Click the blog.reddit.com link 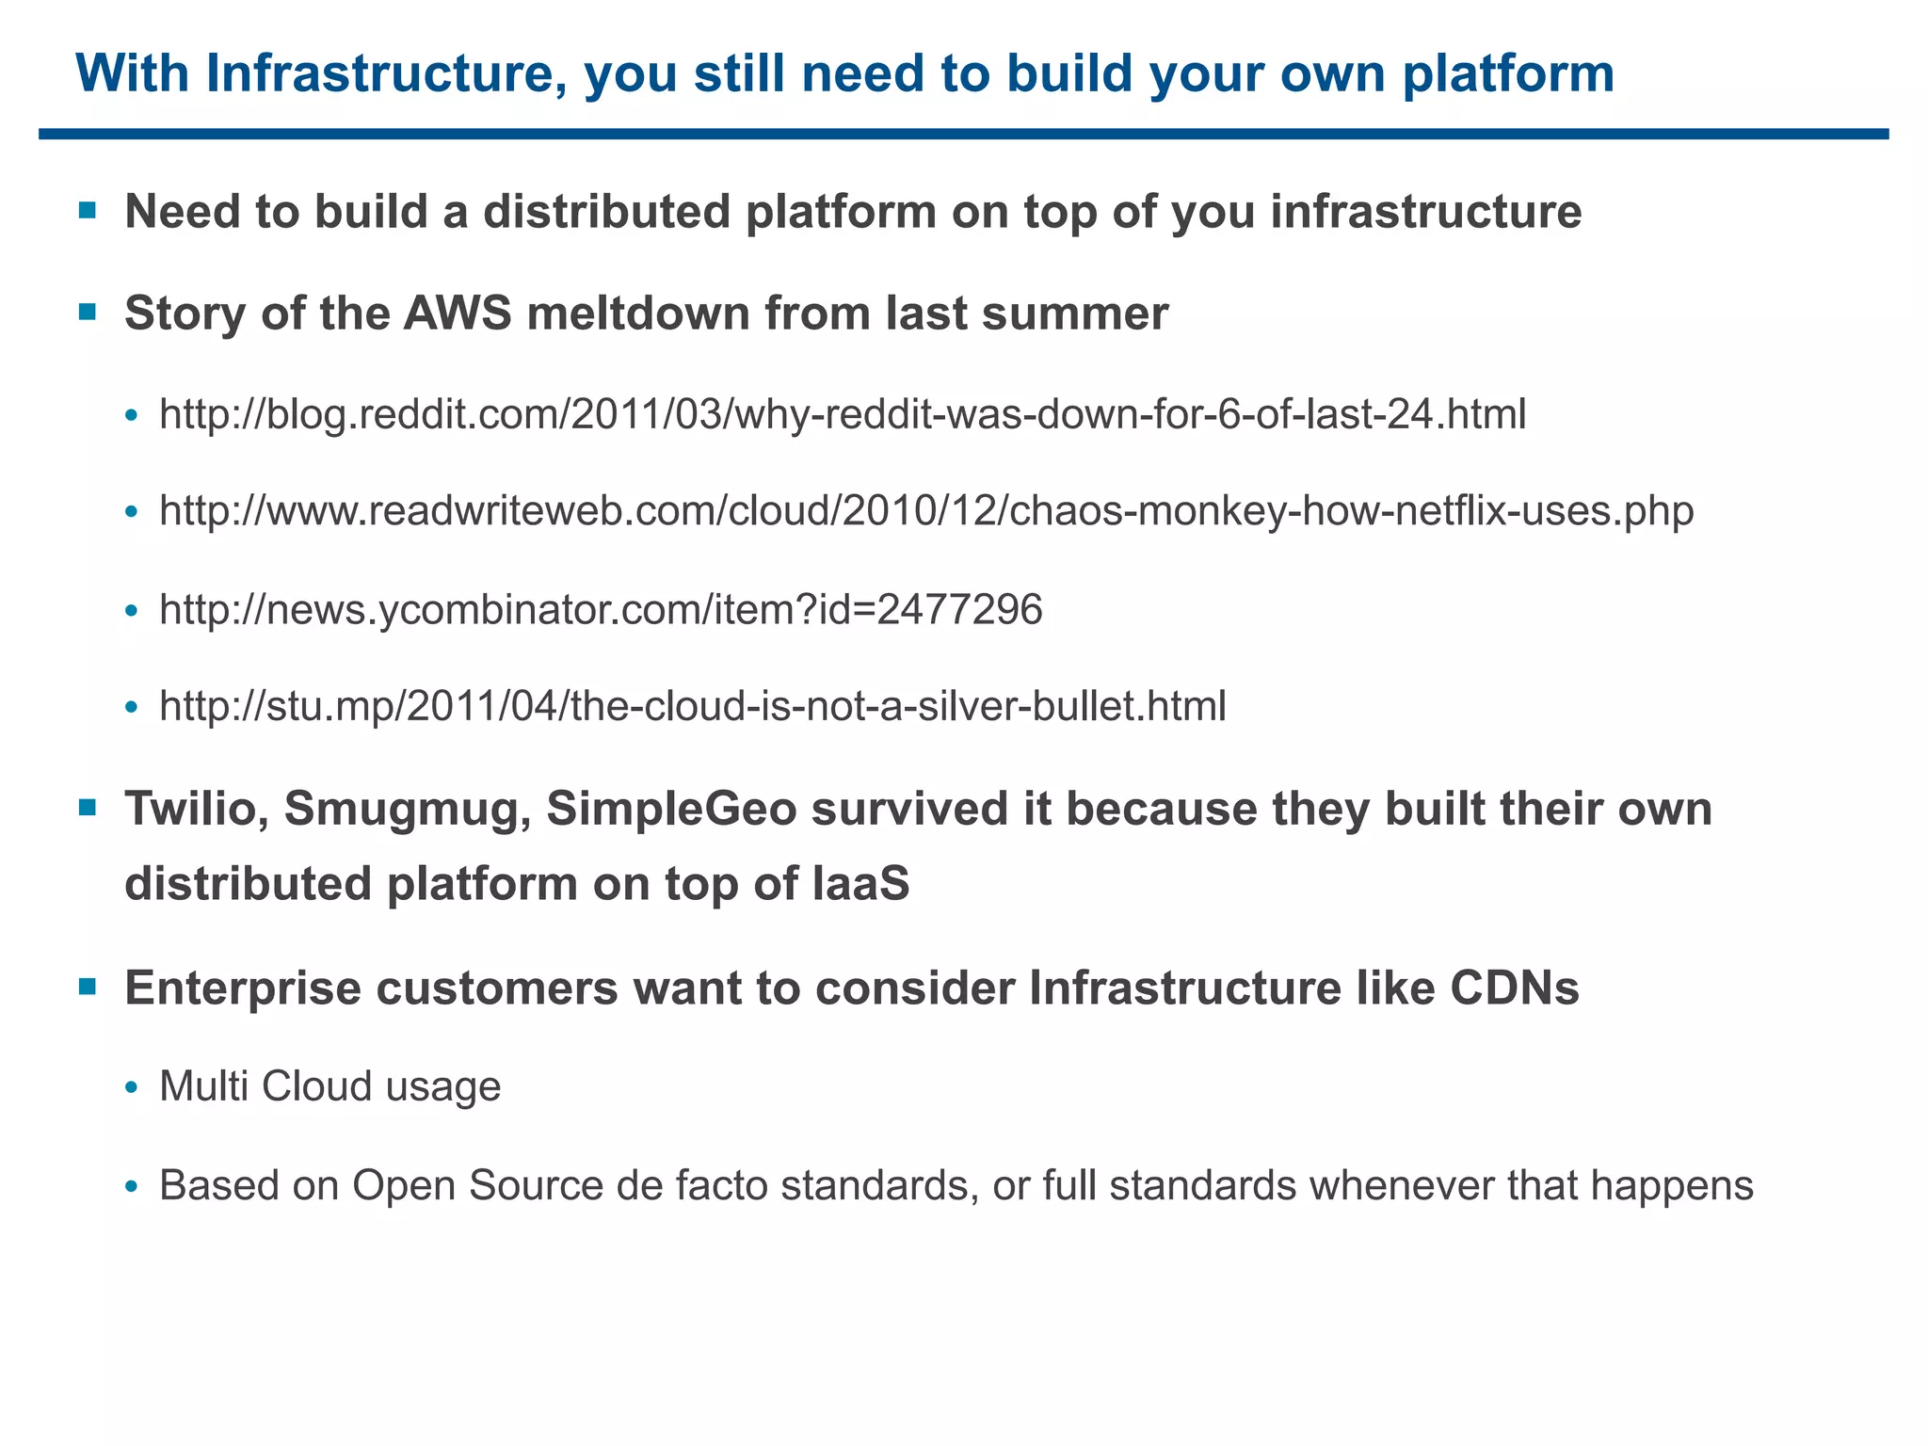[x=843, y=414]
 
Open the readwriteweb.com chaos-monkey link [x=926, y=511]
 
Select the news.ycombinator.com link [x=601, y=610]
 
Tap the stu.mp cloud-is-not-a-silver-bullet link [x=693, y=706]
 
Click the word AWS [x=458, y=313]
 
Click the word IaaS [x=857, y=884]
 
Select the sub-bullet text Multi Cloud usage [x=330, y=1086]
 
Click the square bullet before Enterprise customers [x=88, y=987]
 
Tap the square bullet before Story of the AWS [x=88, y=312]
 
